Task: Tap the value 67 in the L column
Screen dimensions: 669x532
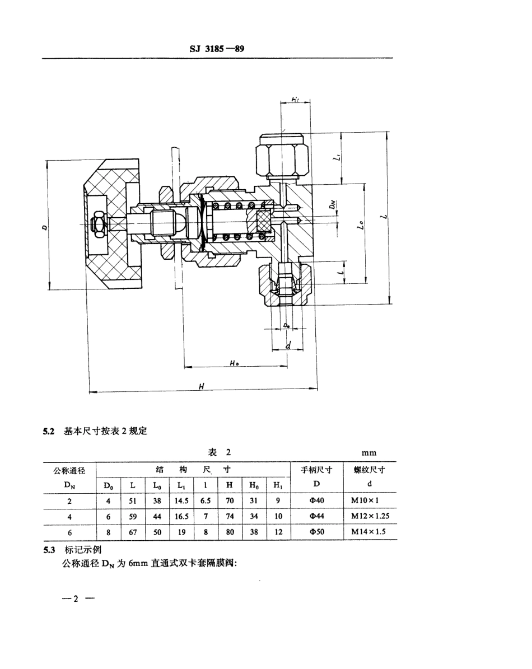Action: pyautogui.click(x=133, y=532)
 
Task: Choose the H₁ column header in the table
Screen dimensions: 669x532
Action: pyautogui.click(x=278, y=484)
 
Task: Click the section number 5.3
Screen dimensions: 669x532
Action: pyautogui.click(x=50, y=550)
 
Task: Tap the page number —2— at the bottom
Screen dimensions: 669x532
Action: pyautogui.click(x=77, y=598)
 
